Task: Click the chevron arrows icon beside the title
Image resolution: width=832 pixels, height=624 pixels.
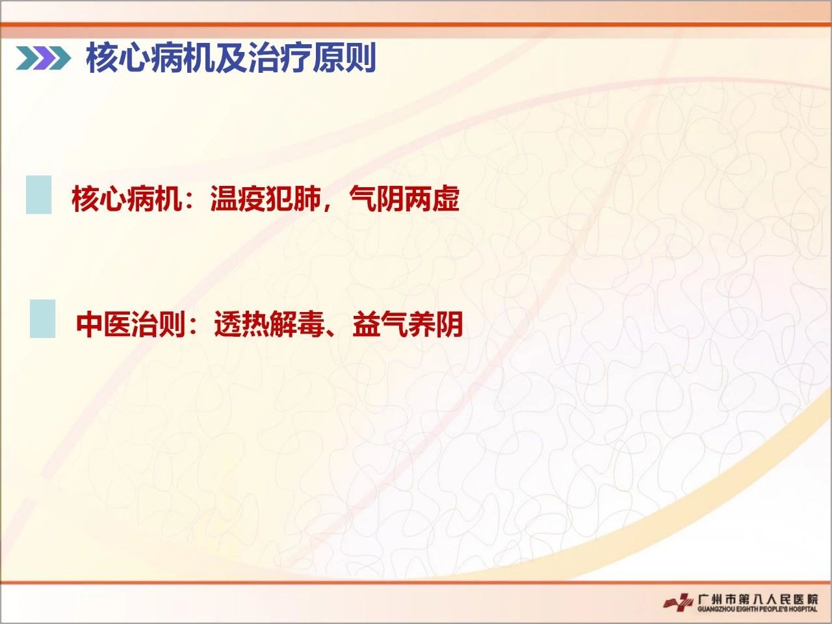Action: [x=43, y=58]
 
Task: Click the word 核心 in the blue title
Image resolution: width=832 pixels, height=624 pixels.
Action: [x=117, y=58]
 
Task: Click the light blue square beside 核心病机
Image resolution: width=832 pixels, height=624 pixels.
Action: [x=38, y=195]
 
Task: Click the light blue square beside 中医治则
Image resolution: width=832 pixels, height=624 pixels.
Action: [x=42, y=318]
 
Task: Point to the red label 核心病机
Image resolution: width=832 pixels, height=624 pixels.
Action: [x=127, y=198]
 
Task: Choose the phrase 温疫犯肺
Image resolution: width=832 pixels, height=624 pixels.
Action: [x=266, y=198]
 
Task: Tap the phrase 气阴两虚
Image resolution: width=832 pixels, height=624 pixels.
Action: [x=404, y=198]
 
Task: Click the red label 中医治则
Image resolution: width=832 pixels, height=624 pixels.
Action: [x=131, y=324]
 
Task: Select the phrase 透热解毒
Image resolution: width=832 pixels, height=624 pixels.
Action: [x=270, y=324]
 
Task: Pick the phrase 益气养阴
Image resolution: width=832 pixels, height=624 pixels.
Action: [x=408, y=324]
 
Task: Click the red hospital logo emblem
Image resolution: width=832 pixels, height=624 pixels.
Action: [x=679, y=602]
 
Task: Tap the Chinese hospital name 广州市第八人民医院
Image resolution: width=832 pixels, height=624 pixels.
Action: [x=758, y=599]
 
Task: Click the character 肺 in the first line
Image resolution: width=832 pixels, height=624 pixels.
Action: [x=307, y=198]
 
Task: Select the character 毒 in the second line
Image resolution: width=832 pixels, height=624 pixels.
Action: [x=311, y=324]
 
